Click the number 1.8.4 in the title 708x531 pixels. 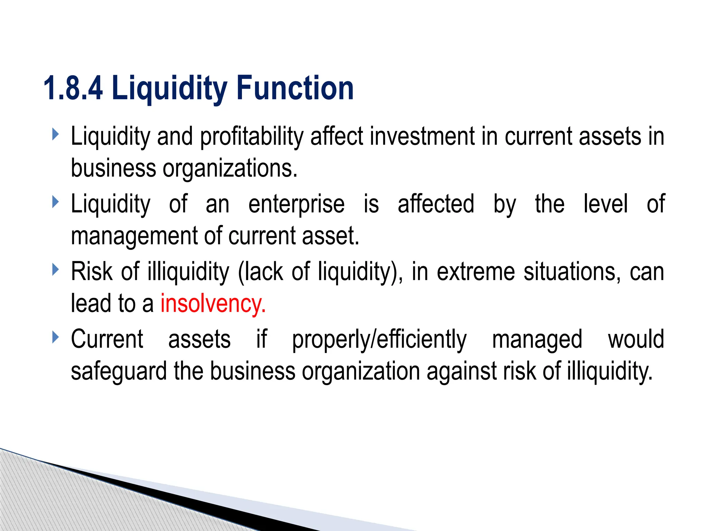pos(73,88)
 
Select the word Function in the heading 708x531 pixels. pos(295,88)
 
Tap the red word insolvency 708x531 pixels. pos(213,304)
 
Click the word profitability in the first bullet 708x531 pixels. pos(252,137)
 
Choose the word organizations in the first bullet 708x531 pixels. pos(230,168)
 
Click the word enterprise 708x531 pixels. pos(296,204)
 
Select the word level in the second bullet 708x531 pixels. pos(605,204)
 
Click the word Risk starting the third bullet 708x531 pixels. pos(92,271)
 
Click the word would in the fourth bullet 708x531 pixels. pos(636,339)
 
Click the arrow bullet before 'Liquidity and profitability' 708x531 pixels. pos(55,134)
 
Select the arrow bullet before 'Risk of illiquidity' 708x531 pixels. pos(55,270)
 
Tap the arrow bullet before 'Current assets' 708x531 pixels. pos(55,337)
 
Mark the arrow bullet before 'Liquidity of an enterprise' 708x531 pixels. pos(55,202)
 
